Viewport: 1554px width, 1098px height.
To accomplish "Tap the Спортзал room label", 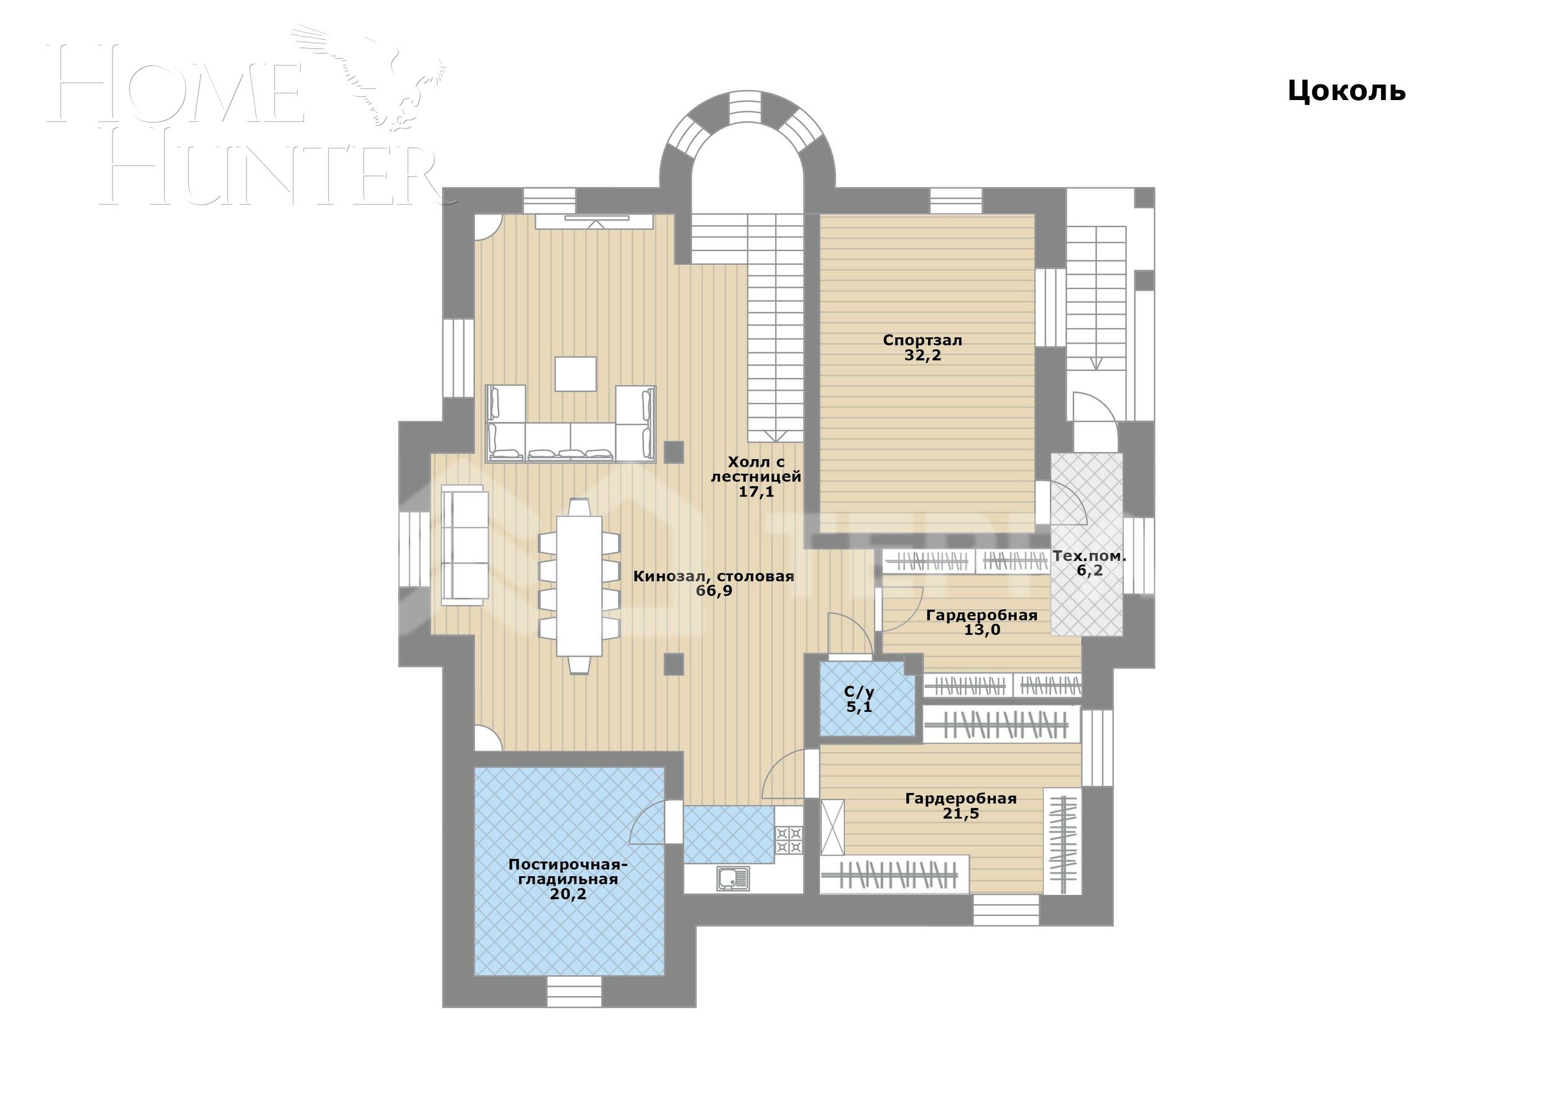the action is point(922,341).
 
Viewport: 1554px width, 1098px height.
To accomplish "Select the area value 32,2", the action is point(922,356).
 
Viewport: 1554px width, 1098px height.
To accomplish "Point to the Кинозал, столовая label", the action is point(714,577).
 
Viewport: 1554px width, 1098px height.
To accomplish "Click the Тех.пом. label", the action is point(1089,556).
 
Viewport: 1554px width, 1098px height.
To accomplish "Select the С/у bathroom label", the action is point(859,692).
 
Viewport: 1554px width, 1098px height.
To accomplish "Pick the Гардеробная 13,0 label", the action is point(982,623).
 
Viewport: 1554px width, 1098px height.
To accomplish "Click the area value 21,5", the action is point(960,813).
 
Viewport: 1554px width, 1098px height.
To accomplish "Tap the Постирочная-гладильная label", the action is point(568,872).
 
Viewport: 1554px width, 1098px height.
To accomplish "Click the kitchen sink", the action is point(732,878).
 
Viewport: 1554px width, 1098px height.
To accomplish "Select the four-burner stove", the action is point(789,840).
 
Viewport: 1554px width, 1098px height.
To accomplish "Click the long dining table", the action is point(579,586).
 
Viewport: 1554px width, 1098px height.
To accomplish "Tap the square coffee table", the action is point(576,374).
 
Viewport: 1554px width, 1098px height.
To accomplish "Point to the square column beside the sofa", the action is point(673,451).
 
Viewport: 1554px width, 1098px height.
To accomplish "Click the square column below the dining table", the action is point(673,664).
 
